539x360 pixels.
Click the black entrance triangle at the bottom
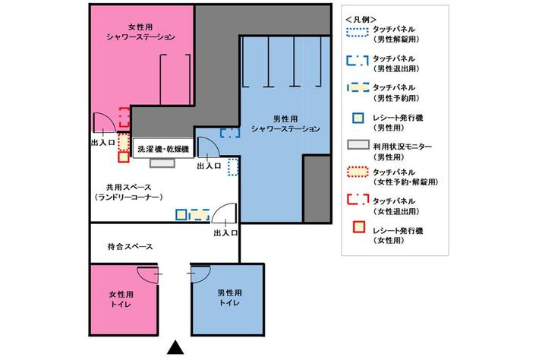coord(175,348)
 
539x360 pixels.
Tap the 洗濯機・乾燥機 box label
coord(163,149)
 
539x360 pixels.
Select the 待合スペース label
coord(131,247)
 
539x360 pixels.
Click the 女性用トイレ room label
coord(121,299)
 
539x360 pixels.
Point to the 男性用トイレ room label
coord(229,298)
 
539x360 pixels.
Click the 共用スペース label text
coord(129,188)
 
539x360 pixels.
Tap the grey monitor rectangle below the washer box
coord(162,163)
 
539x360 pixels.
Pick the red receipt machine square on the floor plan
coord(124,157)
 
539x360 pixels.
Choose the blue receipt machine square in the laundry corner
coord(181,215)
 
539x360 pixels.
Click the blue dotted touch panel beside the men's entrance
coord(233,167)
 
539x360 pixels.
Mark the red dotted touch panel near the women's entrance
coord(124,142)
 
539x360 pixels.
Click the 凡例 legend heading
coord(361,20)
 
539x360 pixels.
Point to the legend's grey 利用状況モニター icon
coord(358,145)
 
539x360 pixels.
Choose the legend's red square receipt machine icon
coord(358,227)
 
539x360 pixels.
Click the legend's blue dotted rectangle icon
coord(358,32)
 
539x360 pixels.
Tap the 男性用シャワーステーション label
coord(285,124)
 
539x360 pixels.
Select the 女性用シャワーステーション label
coord(140,32)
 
